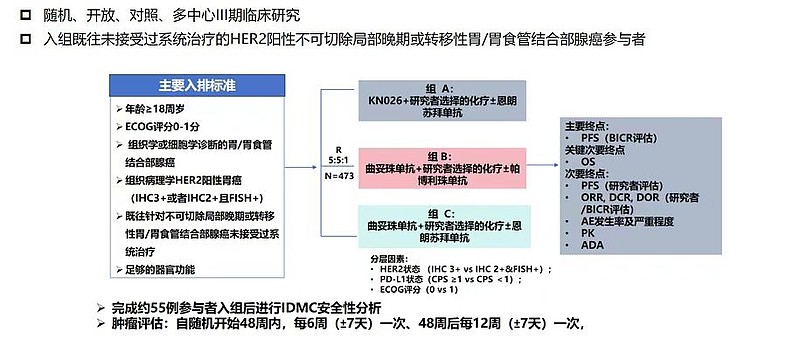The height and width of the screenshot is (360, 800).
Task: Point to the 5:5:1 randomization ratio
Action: (x=339, y=160)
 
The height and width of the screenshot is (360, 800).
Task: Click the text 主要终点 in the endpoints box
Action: (x=587, y=126)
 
